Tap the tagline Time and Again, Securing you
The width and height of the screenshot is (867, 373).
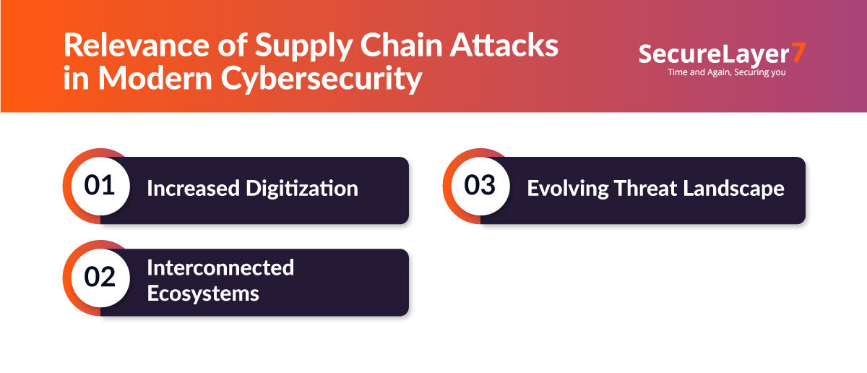724,72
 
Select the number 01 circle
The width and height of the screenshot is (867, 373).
100,186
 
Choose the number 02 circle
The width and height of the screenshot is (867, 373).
100,278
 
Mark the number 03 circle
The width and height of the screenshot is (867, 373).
480,186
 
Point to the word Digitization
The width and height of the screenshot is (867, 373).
306,189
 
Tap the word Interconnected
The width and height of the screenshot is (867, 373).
220,267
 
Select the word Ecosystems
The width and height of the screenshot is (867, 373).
203,294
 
